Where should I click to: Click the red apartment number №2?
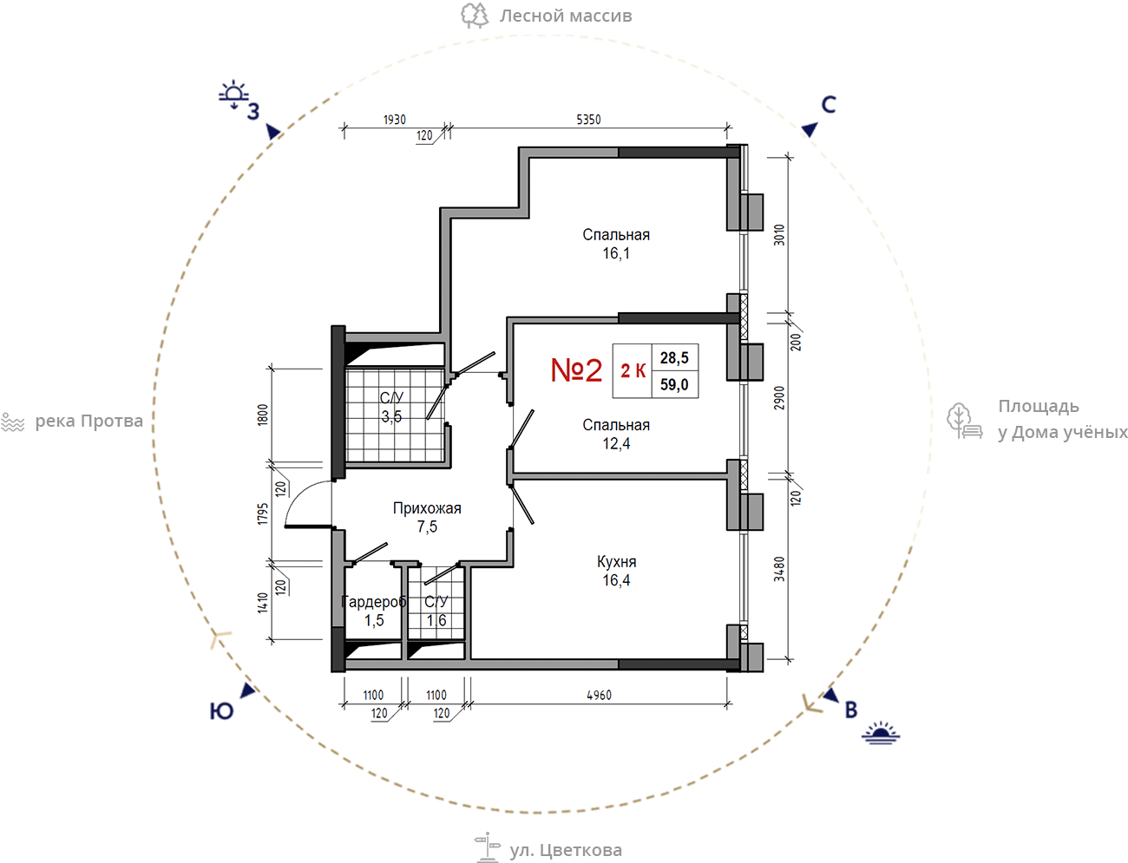tap(576, 369)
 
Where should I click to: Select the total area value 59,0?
tap(674, 384)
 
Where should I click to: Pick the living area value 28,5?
tap(674, 357)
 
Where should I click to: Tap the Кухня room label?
tap(616, 561)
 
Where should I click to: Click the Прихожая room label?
tap(427, 508)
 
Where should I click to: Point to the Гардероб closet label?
tap(374, 602)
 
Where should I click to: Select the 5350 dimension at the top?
tap(588, 120)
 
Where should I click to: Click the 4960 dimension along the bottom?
tap(599, 695)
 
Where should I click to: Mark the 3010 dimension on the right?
tap(779, 235)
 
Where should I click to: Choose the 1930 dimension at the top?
tap(395, 120)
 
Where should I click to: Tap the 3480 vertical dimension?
tap(779, 569)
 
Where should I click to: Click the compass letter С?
tap(829, 105)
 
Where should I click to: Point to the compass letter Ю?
tap(221, 711)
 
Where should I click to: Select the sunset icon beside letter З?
tap(233, 95)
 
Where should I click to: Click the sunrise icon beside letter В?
tap(881, 733)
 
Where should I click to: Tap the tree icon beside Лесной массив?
tap(475, 15)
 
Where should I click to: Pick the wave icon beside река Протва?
tap(13, 422)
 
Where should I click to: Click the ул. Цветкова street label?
tap(566, 850)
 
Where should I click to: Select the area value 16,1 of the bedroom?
tap(616, 253)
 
